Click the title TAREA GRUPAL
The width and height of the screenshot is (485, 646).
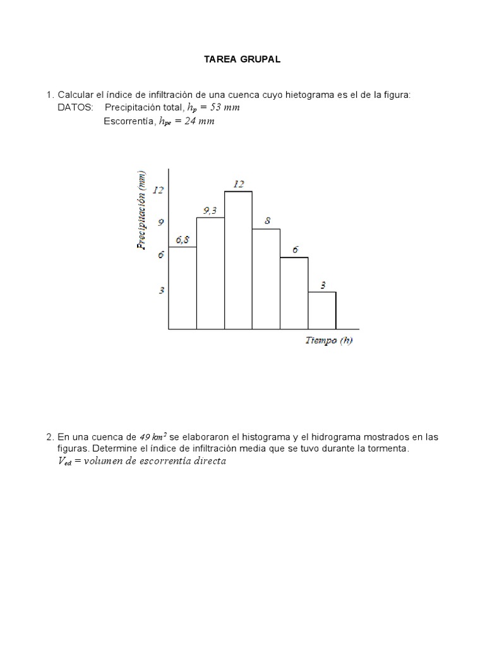[242, 60]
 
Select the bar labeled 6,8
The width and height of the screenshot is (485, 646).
[183, 288]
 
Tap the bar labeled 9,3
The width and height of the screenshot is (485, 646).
[210, 273]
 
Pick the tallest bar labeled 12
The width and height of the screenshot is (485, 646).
[238, 260]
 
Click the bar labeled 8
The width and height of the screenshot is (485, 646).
[266, 278]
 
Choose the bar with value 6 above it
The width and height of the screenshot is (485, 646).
[294, 293]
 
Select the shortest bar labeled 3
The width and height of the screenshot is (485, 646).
[322, 310]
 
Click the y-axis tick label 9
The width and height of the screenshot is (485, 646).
[161, 222]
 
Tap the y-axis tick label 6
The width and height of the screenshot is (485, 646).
[161, 255]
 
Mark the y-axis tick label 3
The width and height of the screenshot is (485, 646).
[161, 290]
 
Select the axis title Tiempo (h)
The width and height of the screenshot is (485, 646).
[329, 341]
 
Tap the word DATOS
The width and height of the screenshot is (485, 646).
[75, 108]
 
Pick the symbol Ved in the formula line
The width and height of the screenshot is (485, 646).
[64, 462]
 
